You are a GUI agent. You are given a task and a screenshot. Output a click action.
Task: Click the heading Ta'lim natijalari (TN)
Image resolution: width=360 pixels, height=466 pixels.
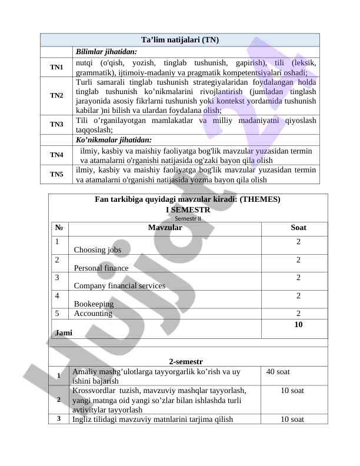[180, 40]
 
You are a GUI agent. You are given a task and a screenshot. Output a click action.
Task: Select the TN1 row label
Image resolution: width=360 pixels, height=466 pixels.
[56, 68]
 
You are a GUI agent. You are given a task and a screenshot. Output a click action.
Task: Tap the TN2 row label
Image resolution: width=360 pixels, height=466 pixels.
[56, 95]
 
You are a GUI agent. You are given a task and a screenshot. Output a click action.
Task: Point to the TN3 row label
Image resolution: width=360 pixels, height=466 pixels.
[56, 125]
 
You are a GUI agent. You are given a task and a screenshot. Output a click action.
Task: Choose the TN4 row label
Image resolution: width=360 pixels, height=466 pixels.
[56, 155]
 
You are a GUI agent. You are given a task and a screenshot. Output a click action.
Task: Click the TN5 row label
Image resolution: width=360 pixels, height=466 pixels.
[56, 174]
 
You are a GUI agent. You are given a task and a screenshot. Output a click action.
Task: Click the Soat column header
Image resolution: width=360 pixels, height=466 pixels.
[298, 228]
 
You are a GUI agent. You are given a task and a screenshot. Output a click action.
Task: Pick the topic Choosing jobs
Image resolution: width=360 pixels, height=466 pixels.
[98, 250]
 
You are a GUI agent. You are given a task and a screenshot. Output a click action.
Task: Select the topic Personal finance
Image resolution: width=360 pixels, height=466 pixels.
[101, 268]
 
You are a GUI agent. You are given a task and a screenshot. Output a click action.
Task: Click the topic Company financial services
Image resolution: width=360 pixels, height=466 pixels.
[119, 286]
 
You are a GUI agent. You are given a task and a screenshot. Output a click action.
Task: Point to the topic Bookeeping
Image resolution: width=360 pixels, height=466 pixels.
[94, 304]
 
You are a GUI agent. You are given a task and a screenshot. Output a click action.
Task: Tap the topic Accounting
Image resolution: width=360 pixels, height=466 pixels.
[93, 314]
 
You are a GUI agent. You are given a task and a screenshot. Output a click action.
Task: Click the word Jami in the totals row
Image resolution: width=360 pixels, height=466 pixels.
[64, 332]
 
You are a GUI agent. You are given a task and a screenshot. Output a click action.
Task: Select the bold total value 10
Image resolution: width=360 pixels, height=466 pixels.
[298, 325]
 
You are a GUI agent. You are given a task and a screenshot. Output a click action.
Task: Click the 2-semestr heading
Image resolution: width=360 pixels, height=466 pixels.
[186, 361]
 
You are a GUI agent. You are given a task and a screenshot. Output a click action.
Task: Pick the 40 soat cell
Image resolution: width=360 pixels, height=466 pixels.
[278, 372]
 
